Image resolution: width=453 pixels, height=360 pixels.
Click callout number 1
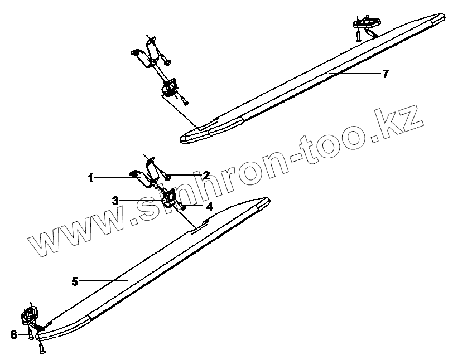[90, 178]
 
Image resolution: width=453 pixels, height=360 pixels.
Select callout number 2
[206, 176]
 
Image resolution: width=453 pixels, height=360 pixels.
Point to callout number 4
[209, 206]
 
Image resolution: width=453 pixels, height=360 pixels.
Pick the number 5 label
[75, 281]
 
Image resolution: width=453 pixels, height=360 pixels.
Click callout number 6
[13, 334]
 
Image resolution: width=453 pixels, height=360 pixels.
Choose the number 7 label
[385, 74]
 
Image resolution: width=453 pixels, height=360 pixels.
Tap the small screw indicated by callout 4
[184, 207]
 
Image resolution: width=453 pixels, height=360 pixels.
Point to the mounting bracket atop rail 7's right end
[366, 23]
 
